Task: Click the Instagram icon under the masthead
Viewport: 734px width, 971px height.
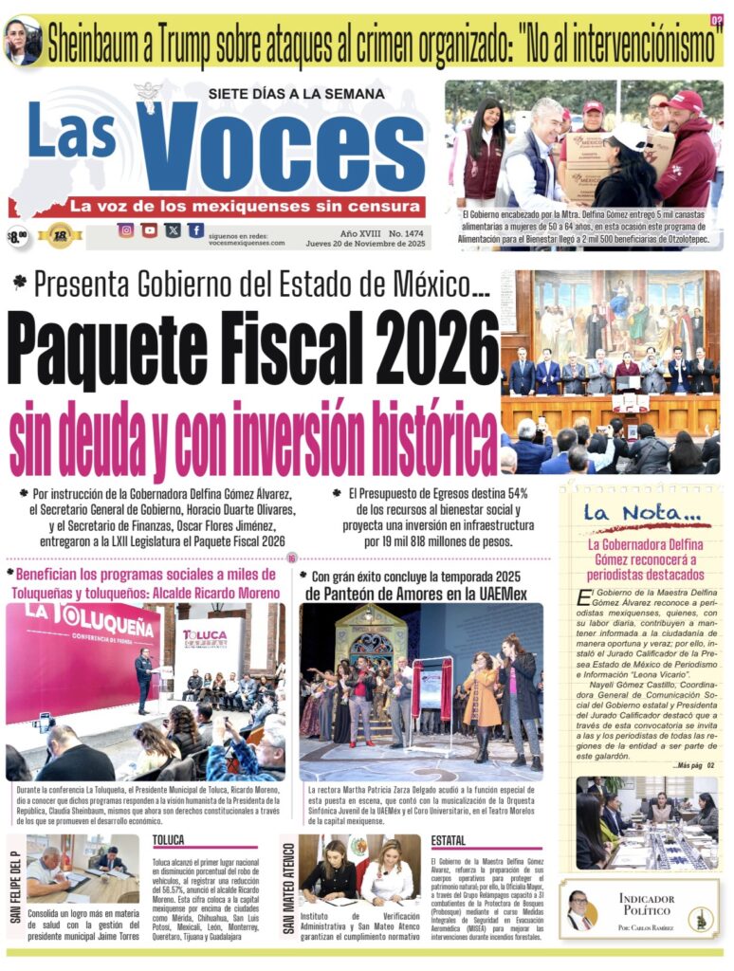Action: point(126,230)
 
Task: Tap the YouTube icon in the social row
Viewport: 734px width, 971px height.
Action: point(150,230)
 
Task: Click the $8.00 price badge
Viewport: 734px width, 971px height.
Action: point(17,235)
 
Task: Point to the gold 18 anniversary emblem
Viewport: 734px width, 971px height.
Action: point(61,234)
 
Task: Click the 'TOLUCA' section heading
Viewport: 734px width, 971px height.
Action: point(168,840)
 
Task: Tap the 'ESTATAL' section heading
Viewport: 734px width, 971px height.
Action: point(448,840)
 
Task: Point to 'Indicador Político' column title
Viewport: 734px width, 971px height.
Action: point(647,904)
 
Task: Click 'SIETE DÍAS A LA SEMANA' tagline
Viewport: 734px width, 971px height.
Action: point(296,94)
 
